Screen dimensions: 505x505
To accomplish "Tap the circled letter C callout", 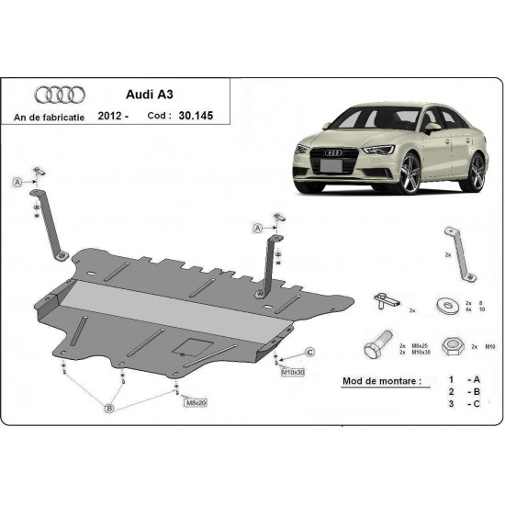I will pyautogui.click(x=310, y=353).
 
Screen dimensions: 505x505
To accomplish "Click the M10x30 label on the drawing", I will pyautogui.click(x=292, y=373).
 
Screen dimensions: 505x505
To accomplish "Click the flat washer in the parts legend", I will pyautogui.click(x=450, y=302).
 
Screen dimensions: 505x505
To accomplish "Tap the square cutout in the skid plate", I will pyautogui.click(x=193, y=346).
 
